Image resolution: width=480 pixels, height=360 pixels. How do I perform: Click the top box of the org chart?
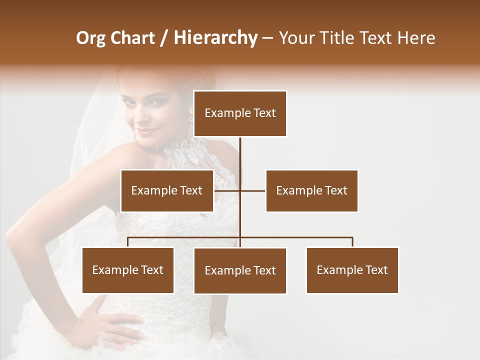(x=240, y=113)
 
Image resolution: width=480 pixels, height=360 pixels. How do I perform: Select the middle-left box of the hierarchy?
(x=167, y=190)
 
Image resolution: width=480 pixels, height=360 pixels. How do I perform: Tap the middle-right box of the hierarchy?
(x=311, y=190)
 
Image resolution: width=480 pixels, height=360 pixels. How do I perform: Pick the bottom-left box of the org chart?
(x=128, y=270)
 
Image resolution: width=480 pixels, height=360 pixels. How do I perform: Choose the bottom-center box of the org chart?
(x=240, y=270)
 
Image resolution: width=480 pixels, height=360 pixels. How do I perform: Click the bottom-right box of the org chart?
(x=352, y=270)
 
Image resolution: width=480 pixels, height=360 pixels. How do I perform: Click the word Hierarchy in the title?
(x=215, y=38)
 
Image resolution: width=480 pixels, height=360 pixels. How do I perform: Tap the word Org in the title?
(x=90, y=38)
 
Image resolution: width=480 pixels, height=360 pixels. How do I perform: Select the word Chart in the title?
(x=132, y=38)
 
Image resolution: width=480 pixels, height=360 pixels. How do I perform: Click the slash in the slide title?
(x=163, y=38)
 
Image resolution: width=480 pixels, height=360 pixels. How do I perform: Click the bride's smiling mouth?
(x=146, y=132)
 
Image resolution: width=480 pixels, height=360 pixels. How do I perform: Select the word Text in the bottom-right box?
(x=376, y=270)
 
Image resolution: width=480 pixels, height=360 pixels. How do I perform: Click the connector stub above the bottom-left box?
(x=128, y=242)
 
